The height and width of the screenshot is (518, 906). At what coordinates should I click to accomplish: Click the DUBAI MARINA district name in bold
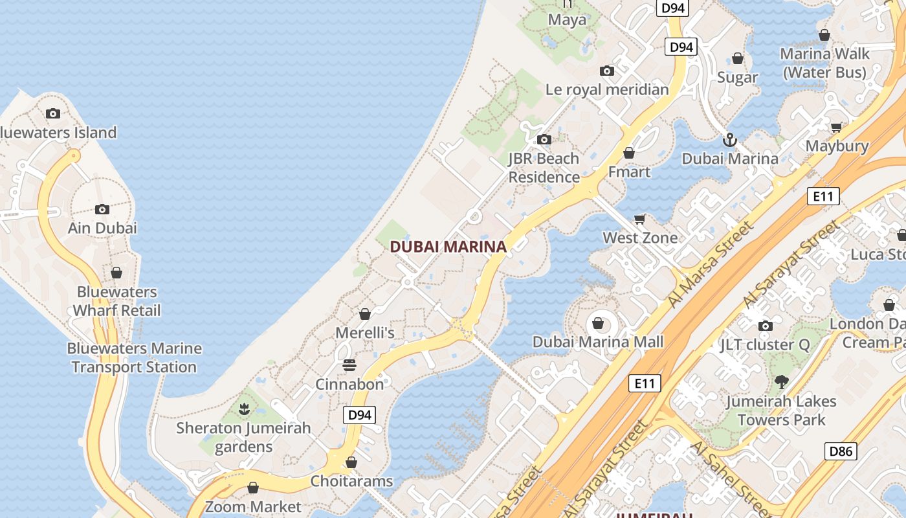tap(448, 247)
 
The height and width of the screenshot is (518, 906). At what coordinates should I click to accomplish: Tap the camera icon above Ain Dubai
tap(102, 209)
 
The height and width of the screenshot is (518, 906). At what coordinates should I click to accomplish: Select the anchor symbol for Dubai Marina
tap(729, 140)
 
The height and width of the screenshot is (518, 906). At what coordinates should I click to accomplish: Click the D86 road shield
tap(841, 451)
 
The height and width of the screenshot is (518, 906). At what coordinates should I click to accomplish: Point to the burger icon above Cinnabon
tap(349, 366)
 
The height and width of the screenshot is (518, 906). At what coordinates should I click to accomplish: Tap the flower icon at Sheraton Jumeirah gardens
tap(244, 409)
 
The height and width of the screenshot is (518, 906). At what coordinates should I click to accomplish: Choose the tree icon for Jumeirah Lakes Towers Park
tap(781, 382)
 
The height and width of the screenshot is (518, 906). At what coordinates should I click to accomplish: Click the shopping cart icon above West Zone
tap(640, 219)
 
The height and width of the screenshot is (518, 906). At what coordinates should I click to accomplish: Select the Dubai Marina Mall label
tap(598, 342)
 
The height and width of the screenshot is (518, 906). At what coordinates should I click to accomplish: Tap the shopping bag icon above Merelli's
tap(365, 314)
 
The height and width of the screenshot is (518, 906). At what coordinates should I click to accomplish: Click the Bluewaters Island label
tap(57, 133)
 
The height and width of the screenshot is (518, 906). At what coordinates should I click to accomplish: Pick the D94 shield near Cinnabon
tap(359, 415)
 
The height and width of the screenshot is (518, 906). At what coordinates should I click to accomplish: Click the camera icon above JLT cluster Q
tap(765, 326)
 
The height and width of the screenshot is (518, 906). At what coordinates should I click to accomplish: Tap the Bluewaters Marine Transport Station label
tap(135, 357)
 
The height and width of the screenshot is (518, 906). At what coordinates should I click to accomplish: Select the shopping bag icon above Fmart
tap(628, 153)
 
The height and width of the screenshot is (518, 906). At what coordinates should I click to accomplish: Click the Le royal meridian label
tap(607, 89)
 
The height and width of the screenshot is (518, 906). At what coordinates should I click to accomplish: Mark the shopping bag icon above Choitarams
tap(351, 462)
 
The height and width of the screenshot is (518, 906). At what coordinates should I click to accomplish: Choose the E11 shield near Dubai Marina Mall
tap(645, 383)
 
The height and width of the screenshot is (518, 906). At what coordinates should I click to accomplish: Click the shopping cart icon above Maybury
tap(836, 127)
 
